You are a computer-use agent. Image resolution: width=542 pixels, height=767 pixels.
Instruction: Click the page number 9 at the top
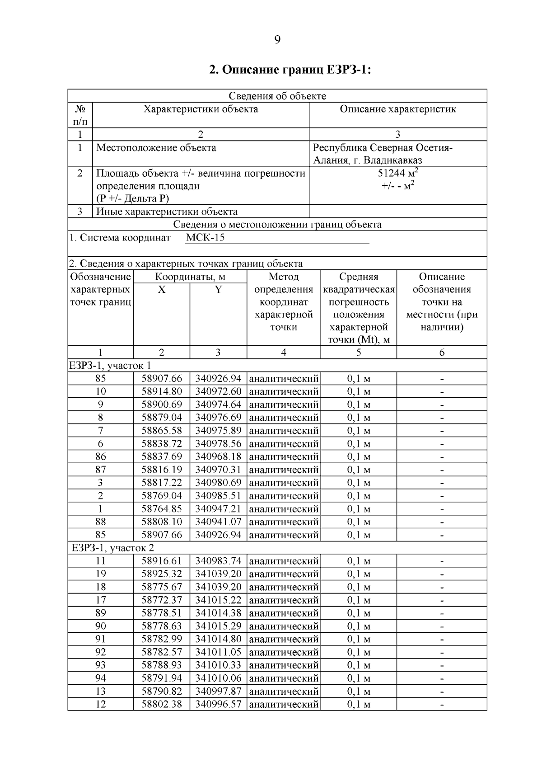coord(277,40)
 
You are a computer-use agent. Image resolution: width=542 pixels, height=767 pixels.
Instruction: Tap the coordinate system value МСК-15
coord(205,238)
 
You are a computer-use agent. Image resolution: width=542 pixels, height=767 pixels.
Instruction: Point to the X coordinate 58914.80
coord(162,391)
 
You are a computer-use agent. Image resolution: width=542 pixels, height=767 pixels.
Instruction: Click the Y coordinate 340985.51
coord(218,496)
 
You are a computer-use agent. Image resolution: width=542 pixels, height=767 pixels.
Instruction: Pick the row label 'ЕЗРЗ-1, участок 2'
coord(113,548)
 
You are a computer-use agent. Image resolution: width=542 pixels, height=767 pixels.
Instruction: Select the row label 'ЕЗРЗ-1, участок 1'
coord(110,365)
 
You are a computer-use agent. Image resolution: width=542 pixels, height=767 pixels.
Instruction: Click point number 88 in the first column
coord(101,522)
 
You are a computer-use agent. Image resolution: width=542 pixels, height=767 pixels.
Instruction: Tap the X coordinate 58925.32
coord(162,574)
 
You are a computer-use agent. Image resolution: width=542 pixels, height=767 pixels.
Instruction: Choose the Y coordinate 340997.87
coord(218,692)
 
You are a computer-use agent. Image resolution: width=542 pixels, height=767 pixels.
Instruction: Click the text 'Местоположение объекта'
coord(156,148)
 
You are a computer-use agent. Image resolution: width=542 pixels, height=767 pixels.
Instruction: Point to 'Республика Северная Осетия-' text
coord(383,148)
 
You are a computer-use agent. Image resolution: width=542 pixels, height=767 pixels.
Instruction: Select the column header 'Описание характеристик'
coord(397,109)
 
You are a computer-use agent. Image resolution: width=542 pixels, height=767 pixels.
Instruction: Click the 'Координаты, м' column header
coord(190,277)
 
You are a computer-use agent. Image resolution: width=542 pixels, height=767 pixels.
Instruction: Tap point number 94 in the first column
coord(101,678)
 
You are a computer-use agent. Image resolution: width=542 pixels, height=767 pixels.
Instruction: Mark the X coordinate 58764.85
coord(162,509)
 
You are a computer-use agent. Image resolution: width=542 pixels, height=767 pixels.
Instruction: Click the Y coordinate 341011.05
coord(218,652)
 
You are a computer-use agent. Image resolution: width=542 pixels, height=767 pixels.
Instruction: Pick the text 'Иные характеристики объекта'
coord(167,212)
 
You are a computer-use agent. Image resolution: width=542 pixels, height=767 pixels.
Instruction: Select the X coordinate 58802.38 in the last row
coord(162,704)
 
